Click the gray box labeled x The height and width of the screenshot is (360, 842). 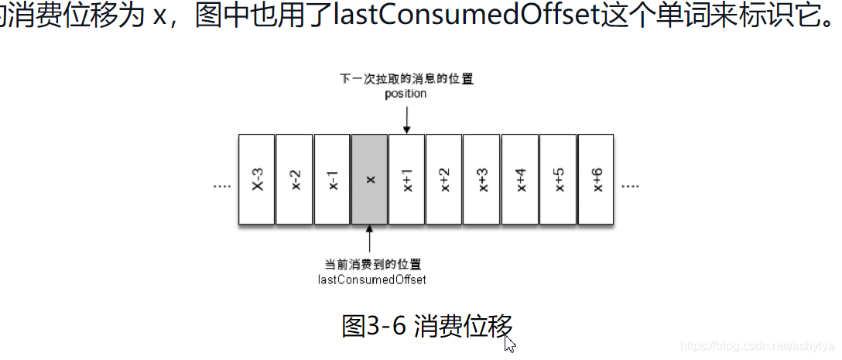[x=370, y=179]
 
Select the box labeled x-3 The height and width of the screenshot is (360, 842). [x=257, y=179]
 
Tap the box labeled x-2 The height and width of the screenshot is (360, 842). [x=294, y=179]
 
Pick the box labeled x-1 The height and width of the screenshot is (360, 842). [x=332, y=179]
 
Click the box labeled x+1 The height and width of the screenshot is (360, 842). [x=407, y=179]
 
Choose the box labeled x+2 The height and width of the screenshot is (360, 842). [x=444, y=179]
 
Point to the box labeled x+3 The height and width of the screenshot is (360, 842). [x=482, y=179]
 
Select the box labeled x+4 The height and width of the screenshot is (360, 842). [x=520, y=179]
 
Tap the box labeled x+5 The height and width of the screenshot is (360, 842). [x=558, y=179]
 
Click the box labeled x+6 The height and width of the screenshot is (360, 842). [x=596, y=179]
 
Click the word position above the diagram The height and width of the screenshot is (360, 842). [x=406, y=94]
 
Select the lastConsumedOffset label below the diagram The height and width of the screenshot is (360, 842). [x=371, y=279]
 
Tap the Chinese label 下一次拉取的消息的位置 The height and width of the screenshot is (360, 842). [x=406, y=79]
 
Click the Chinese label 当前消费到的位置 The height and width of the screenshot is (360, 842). [x=372, y=264]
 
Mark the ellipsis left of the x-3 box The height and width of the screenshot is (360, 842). [x=221, y=187]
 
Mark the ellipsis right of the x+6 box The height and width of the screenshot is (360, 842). [x=630, y=187]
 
